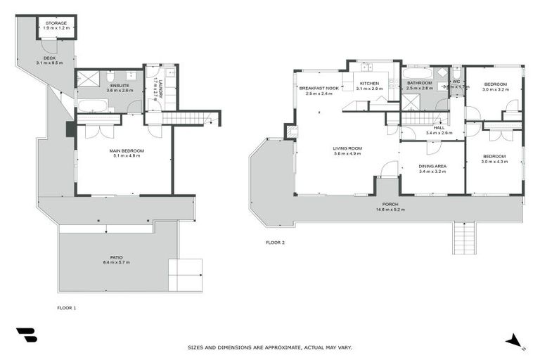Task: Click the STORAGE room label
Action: (x=56, y=23)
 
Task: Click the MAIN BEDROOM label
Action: (x=127, y=151)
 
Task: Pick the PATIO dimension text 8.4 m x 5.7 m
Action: (x=117, y=262)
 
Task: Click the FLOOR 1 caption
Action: (x=66, y=308)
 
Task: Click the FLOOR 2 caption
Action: (x=275, y=243)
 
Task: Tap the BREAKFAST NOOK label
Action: (x=319, y=89)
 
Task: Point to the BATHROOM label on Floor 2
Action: (x=419, y=84)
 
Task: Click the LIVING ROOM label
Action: (x=347, y=148)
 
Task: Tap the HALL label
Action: (x=439, y=129)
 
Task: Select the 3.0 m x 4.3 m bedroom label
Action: (x=494, y=158)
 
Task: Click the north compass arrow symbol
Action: (x=515, y=341)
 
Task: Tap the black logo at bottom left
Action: (x=26, y=335)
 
